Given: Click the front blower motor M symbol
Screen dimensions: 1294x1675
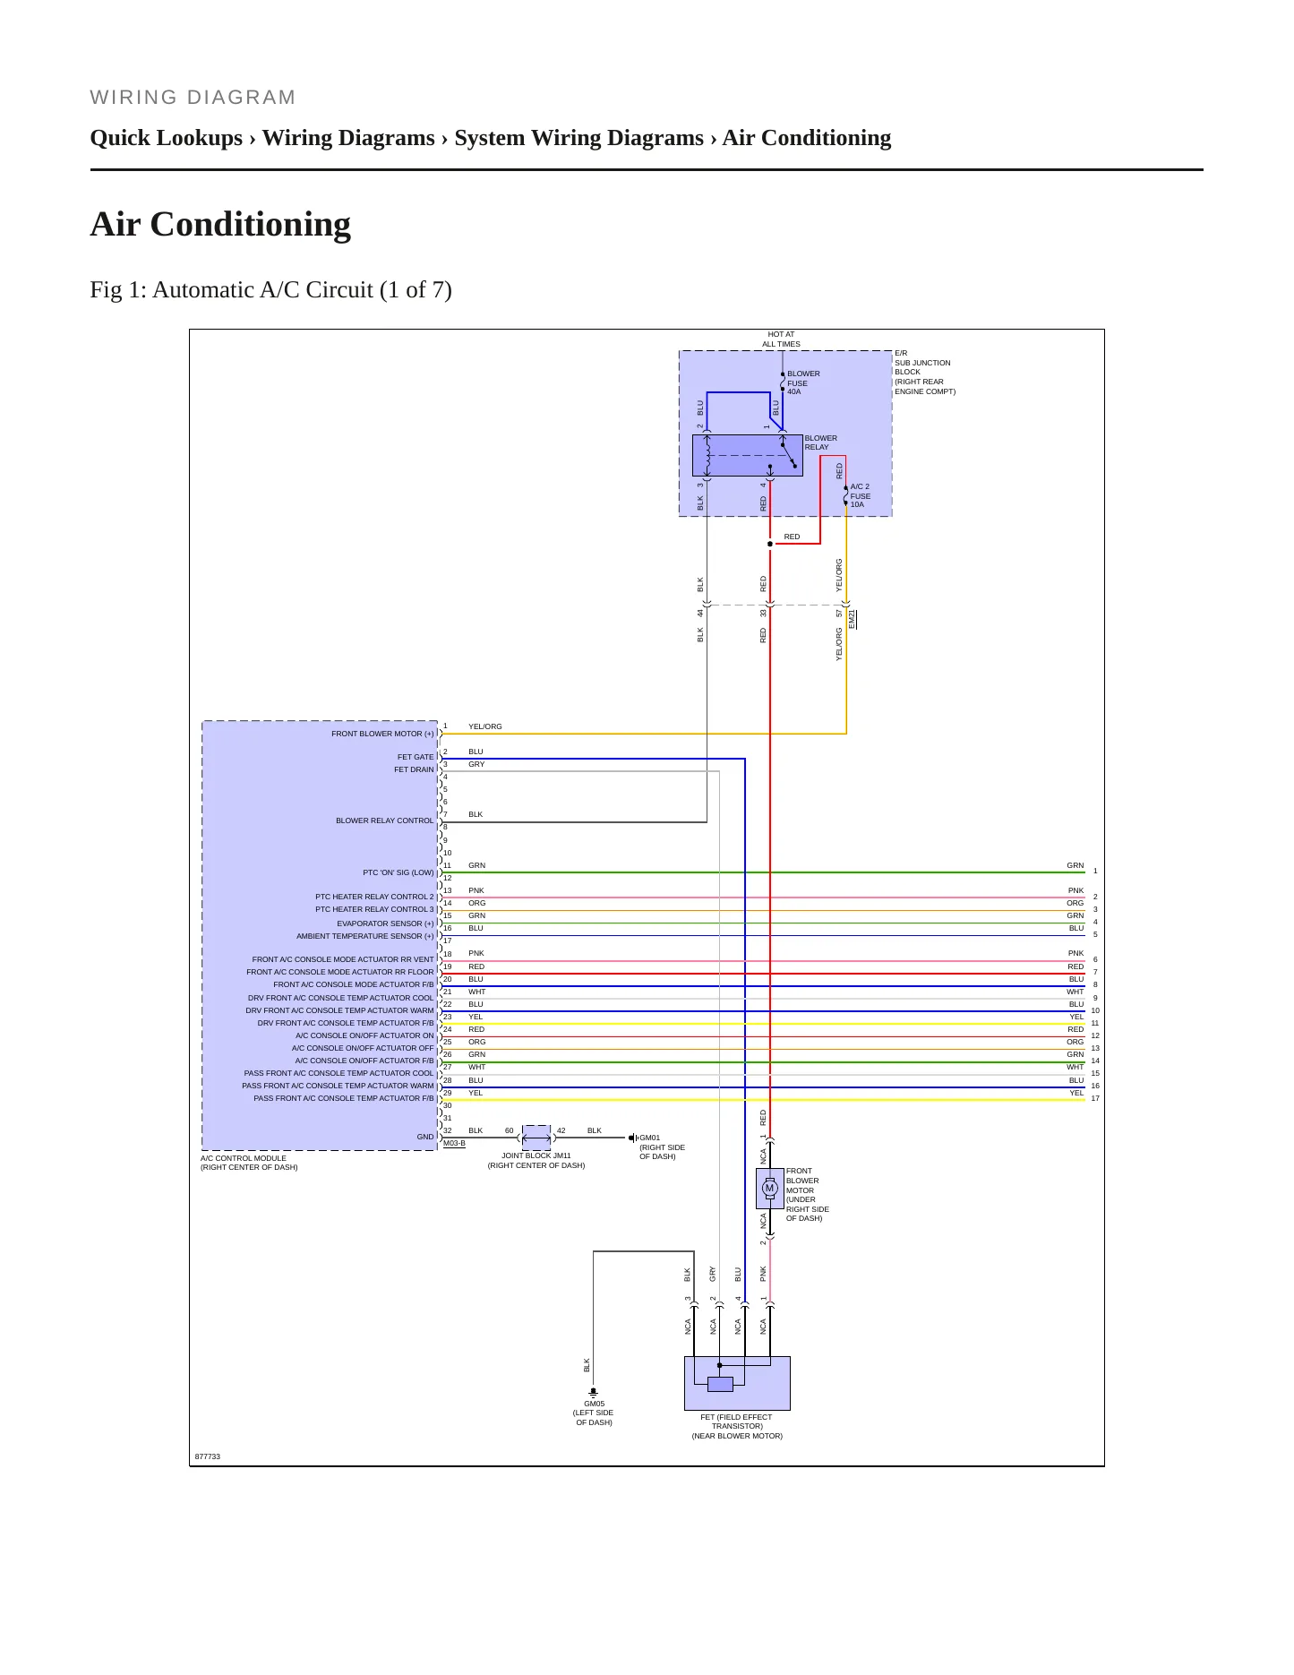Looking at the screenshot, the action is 769,1189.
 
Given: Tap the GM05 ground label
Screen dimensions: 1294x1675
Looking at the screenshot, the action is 594,1404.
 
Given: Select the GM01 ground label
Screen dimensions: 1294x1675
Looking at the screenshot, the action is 649,1138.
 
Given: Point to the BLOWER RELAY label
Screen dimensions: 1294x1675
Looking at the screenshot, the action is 820,442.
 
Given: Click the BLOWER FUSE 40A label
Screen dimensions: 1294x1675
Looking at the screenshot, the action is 803,382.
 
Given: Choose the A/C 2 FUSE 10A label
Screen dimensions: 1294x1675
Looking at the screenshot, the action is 860,495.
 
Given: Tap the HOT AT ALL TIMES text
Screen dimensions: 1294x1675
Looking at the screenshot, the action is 781,339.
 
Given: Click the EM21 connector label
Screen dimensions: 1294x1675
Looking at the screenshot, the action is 852,618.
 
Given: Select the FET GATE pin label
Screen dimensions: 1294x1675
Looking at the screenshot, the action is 416,757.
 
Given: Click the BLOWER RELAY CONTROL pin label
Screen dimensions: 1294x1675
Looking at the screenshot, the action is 385,820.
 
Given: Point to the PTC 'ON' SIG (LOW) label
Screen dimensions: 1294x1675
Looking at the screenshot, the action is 398,872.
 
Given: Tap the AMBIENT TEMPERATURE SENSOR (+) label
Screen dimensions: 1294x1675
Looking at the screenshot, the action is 365,936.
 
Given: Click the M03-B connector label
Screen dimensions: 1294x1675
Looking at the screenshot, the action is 454,1143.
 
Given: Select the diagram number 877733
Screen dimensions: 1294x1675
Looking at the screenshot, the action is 208,1456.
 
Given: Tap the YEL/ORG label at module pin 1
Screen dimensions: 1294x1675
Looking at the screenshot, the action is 485,726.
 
